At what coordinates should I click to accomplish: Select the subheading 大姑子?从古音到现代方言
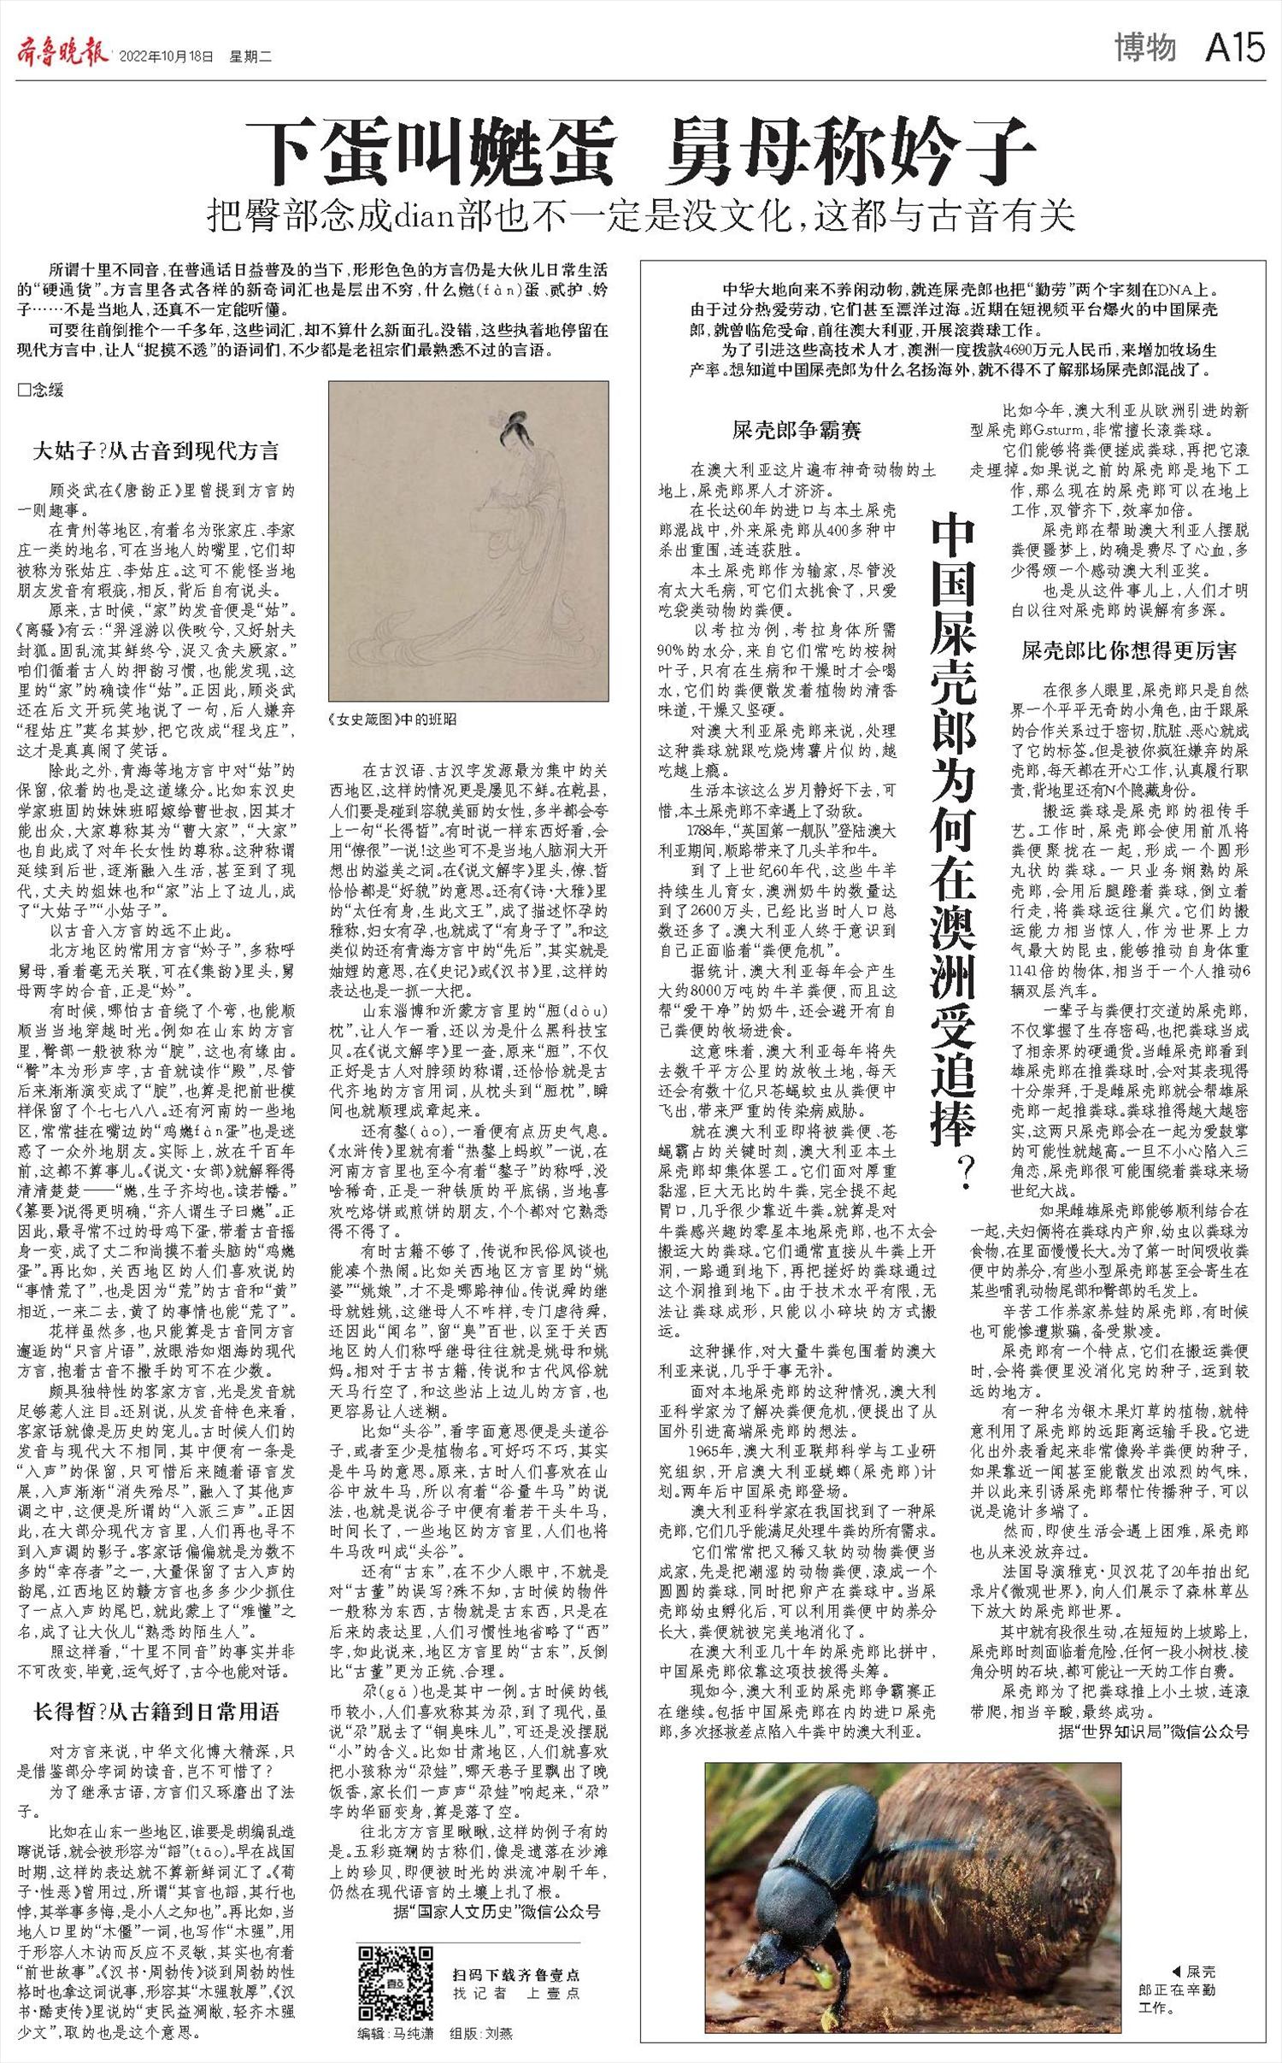[x=156, y=451]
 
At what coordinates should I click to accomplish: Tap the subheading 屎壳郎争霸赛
[x=797, y=430]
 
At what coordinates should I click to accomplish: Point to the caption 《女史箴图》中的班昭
[x=392, y=719]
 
